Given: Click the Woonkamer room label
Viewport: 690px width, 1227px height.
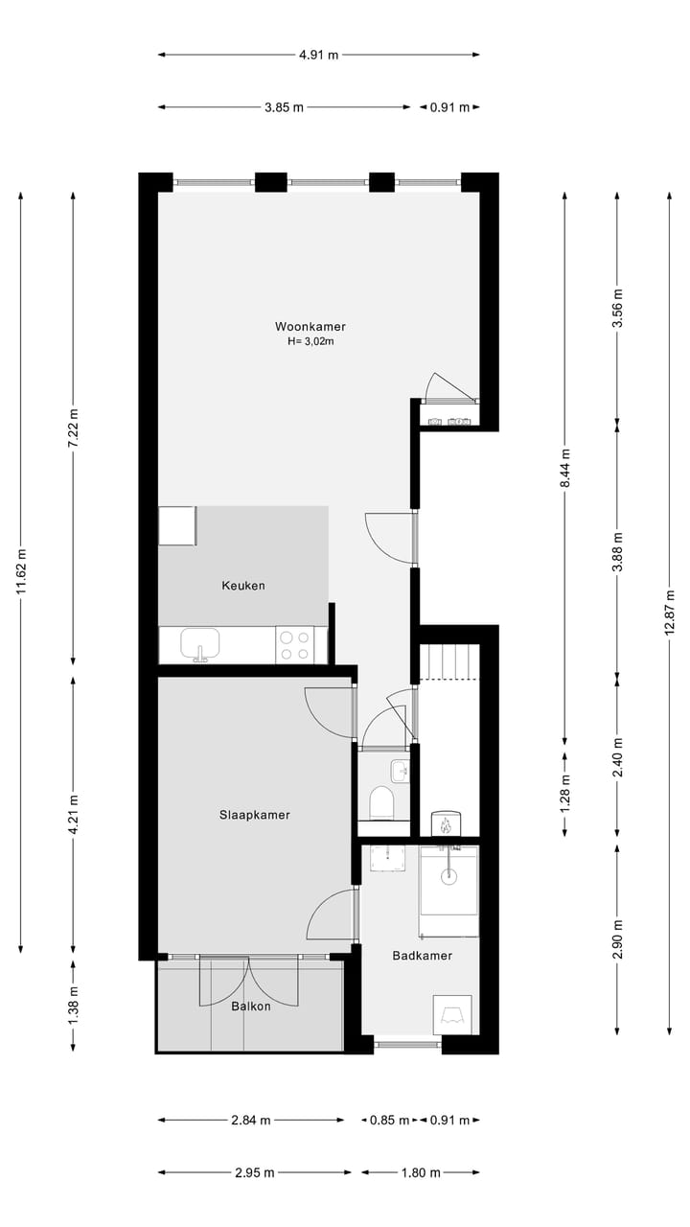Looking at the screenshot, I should tap(310, 326).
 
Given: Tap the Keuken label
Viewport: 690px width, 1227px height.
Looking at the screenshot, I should tap(242, 586).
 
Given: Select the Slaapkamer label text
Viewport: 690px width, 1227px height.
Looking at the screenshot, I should tap(254, 815).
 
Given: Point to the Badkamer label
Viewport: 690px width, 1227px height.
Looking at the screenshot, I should tap(422, 956).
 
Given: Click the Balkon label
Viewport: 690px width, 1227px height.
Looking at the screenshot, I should tap(250, 1006).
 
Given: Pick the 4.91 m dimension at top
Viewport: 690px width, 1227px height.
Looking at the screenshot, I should tap(318, 55).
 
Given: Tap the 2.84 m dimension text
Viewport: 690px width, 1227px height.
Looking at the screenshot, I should tap(251, 1120).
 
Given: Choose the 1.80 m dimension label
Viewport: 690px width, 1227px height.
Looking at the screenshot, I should tap(421, 1172).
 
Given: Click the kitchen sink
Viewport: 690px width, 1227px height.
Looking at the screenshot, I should tap(200, 643).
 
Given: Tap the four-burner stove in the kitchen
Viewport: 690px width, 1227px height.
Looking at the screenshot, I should tap(294, 644).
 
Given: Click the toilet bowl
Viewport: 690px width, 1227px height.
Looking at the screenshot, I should tap(381, 803).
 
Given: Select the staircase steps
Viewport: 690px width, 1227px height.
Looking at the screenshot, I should tap(448, 662).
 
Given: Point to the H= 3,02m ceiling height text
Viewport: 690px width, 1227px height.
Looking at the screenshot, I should tap(310, 341).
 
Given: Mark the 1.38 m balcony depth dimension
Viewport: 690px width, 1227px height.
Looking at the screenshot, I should tap(74, 1005).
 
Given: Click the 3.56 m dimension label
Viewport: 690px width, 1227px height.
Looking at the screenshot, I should tap(618, 308).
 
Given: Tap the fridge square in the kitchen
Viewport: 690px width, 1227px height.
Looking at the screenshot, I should tap(177, 526).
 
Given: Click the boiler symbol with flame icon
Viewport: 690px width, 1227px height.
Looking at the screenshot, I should tap(446, 822).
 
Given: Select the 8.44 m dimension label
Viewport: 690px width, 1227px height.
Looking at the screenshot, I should tap(565, 470).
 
